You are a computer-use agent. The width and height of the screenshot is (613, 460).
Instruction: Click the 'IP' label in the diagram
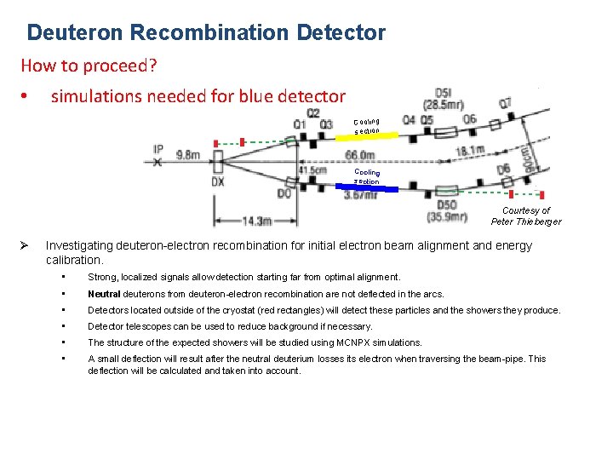[158, 149]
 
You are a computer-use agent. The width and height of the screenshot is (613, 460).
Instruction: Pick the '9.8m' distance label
[188, 154]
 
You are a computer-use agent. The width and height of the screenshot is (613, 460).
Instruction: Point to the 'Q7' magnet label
[504, 103]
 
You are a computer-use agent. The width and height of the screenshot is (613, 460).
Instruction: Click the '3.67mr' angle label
[360, 196]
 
